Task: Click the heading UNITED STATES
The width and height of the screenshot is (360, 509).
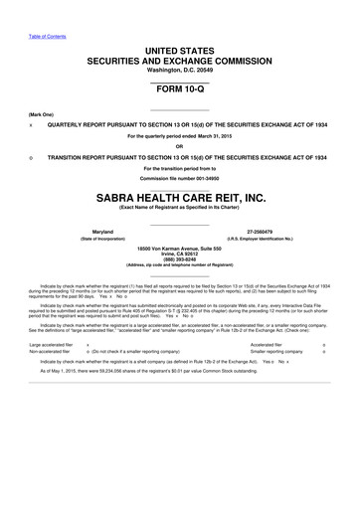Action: [179, 49]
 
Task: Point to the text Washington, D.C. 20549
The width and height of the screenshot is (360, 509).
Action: [179, 70]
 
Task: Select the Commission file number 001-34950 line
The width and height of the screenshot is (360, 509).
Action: [179, 176]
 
